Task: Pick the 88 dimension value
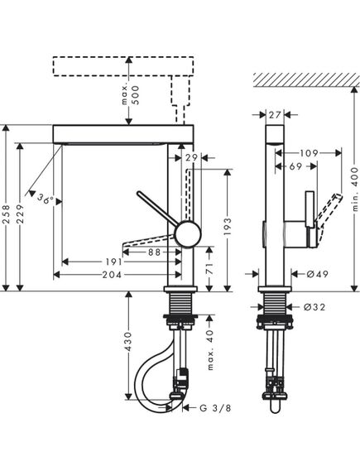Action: (x=155, y=253)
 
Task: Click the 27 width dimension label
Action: (x=275, y=116)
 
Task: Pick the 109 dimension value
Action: (x=310, y=153)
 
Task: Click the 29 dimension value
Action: (x=192, y=157)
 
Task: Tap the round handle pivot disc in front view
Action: (x=189, y=233)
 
